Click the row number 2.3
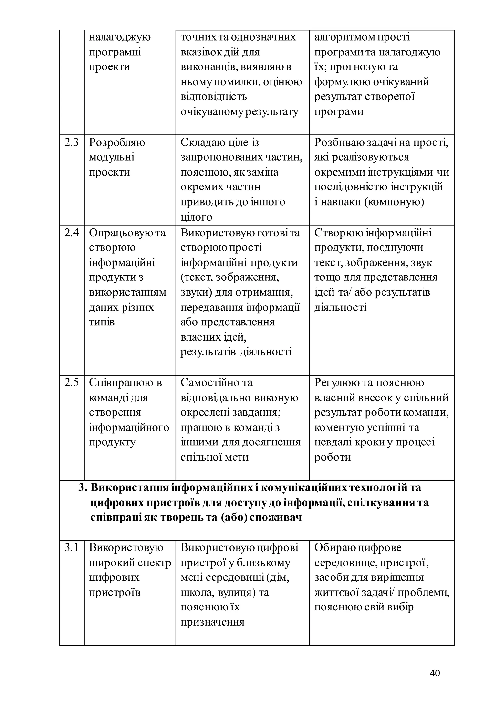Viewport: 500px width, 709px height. pyautogui.click(x=71, y=143)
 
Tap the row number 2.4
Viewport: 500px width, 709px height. pyautogui.click(x=71, y=233)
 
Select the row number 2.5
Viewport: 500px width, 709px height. pyautogui.click(x=71, y=383)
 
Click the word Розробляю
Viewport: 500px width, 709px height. pyautogui.click(x=117, y=143)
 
